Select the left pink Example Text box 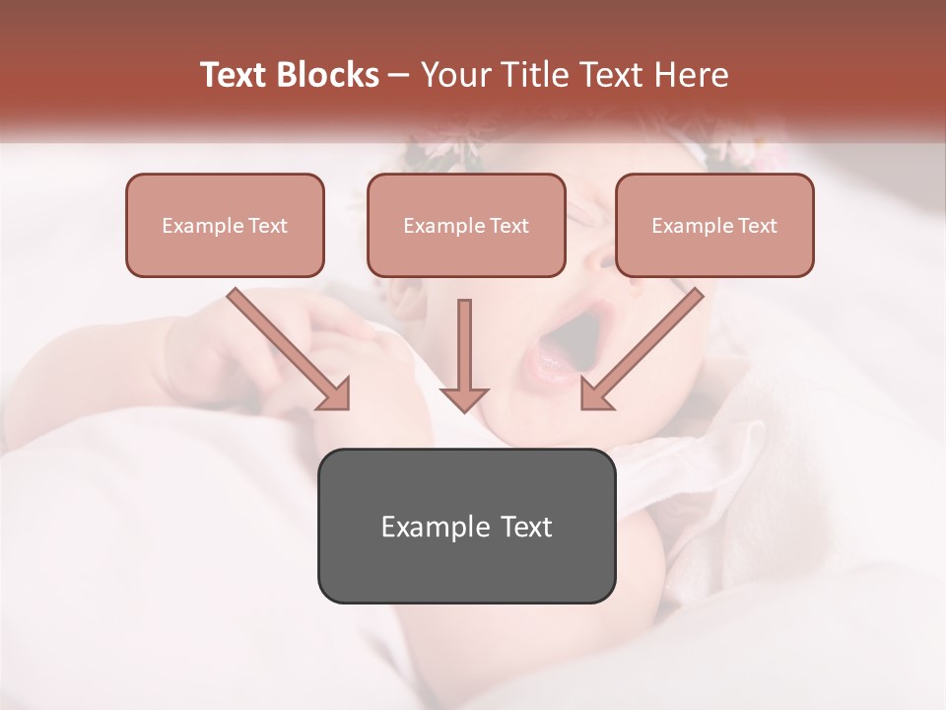click(x=225, y=226)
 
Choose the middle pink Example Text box click(x=466, y=226)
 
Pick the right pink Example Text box click(x=714, y=226)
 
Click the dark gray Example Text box click(x=466, y=527)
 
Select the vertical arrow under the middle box click(x=464, y=355)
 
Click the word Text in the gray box click(x=526, y=527)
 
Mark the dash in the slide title click(x=399, y=75)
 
